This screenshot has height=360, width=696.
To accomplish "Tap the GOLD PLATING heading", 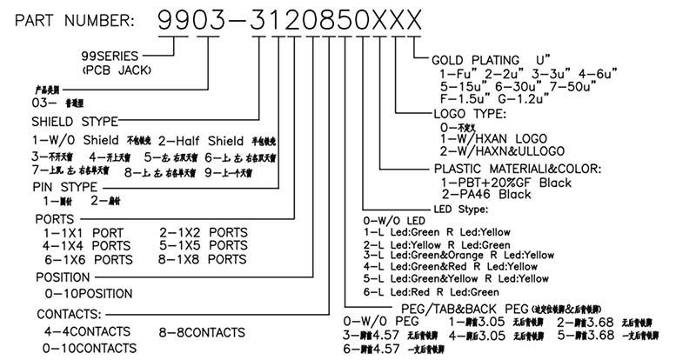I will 486,60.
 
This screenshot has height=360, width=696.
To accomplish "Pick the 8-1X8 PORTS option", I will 204,259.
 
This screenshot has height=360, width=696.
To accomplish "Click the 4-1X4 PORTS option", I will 87,246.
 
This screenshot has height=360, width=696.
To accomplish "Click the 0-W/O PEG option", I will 378,322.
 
